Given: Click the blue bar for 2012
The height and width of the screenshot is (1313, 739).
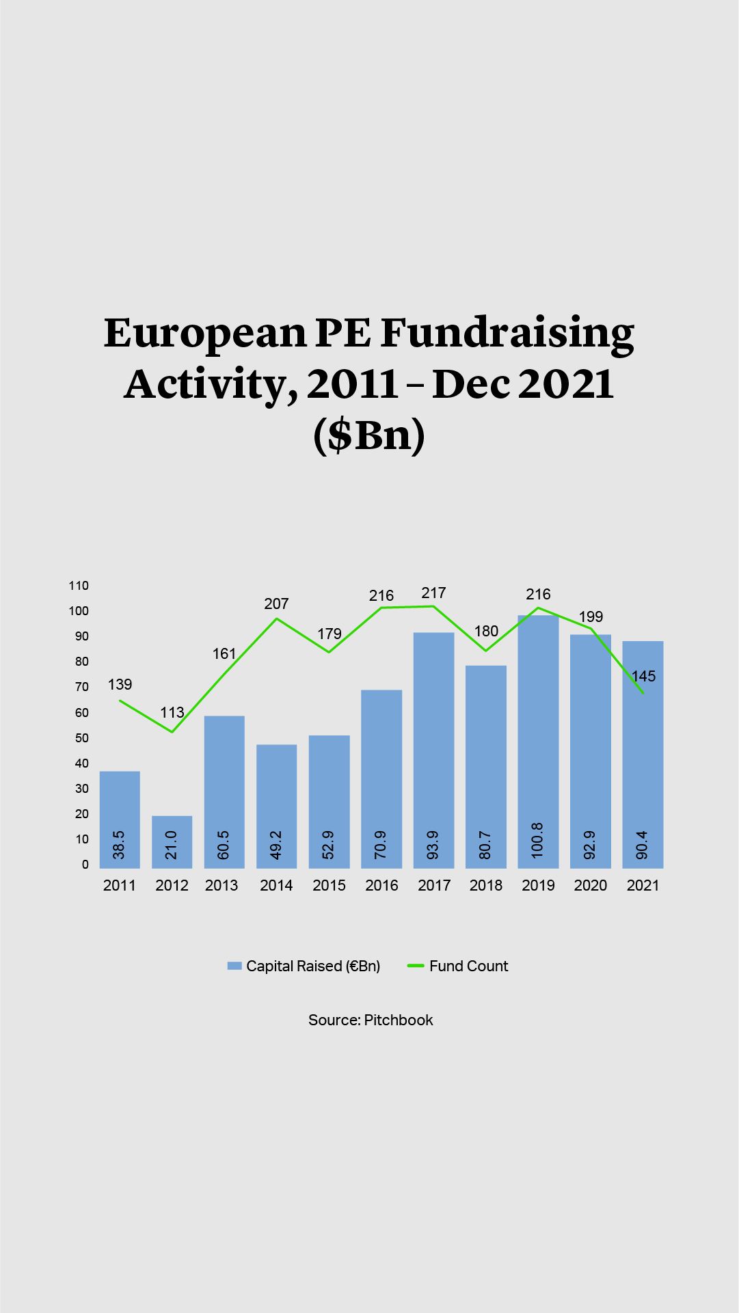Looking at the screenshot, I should click(172, 841).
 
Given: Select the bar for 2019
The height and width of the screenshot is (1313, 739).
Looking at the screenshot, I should click(538, 742).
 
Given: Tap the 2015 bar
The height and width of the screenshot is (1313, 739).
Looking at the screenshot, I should click(329, 801).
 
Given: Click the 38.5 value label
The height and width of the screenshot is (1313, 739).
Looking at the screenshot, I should click(119, 845).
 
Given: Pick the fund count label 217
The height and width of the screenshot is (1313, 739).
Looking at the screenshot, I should click(433, 593).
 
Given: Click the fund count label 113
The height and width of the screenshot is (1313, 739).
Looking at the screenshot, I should click(172, 712).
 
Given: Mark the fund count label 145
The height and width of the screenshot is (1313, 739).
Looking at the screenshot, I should click(643, 676).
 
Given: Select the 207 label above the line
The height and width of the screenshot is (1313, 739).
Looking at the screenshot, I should click(276, 604).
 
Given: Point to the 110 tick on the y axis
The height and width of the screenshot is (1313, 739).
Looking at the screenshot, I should click(79, 585).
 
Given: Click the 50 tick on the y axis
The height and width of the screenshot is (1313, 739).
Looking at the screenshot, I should click(82, 738).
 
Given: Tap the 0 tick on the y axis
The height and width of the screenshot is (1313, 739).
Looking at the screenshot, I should click(85, 865).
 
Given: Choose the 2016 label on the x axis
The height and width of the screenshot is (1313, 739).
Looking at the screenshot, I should click(381, 885).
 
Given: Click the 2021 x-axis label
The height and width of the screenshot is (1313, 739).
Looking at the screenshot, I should click(643, 885).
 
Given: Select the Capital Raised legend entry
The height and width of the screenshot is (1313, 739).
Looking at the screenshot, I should click(304, 966).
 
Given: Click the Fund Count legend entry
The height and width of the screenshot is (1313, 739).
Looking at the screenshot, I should click(458, 966).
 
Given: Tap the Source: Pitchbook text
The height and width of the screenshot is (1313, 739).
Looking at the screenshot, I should click(371, 1020).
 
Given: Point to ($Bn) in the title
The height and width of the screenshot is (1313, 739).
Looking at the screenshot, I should click(369, 435).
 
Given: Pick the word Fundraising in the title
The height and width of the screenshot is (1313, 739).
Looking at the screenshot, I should click(507, 333).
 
